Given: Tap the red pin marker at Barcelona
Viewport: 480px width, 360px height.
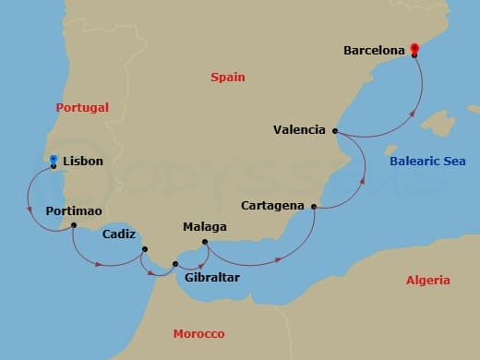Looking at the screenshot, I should pos(414,49).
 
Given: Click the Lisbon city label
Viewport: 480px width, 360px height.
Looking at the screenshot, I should pos(83,161).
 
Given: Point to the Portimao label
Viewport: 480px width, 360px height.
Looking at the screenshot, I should pos(73,211).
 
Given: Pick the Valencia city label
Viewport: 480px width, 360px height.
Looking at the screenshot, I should pos(299,130).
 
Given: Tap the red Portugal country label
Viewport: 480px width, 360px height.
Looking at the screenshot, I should pos(82,108).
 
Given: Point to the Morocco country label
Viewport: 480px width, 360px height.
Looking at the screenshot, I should pos(198,334).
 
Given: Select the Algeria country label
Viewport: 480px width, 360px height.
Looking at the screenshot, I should pos(428,281).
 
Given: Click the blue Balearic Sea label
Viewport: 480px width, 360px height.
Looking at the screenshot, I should pos(427,162).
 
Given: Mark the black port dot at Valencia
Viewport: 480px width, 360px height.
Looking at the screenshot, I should pos(335,131).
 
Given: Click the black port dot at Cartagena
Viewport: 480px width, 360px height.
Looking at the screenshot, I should pos(315,207).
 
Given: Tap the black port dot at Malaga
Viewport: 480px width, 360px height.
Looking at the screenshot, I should pos(205,244).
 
